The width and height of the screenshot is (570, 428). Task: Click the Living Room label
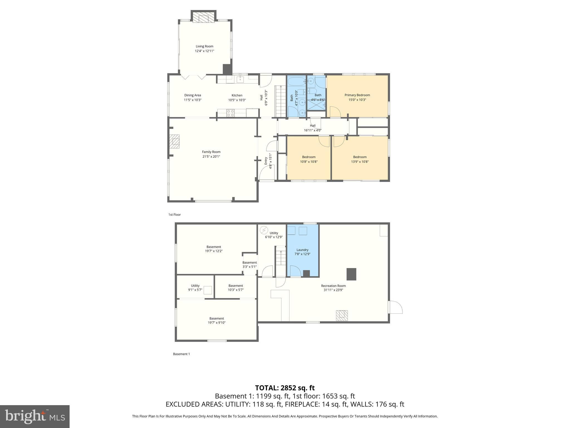click(204, 46)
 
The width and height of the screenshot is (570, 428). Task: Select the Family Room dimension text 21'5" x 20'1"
click(211, 157)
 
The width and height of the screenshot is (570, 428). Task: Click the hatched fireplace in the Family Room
click(175, 142)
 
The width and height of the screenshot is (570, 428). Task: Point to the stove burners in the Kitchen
click(230, 113)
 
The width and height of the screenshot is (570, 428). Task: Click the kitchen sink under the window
click(240, 79)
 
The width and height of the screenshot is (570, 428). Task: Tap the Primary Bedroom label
click(357, 95)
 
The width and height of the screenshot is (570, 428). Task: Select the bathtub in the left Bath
click(296, 82)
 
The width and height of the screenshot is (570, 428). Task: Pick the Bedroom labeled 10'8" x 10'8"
click(309, 159)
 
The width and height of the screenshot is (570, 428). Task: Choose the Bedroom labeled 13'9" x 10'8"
click(360, 159)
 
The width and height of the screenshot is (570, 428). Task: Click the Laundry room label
click(302, 250)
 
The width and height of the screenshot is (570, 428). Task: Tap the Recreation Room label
click(333, 286)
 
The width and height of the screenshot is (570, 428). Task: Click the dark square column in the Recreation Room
click(351, 274)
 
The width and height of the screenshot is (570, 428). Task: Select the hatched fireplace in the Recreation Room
click(342, 315)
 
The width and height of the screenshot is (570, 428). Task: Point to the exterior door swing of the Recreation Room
click(396, 307)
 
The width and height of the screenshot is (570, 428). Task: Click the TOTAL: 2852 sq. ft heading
click(285, 388)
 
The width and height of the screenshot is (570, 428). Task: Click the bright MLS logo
click(35, 416)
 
